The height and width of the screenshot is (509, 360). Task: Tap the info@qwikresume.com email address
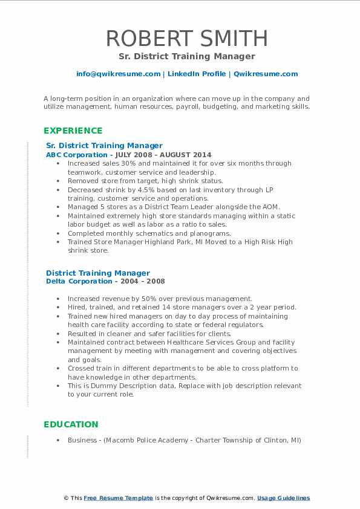coord(118,74)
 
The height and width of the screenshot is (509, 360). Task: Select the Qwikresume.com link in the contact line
coord(266,74)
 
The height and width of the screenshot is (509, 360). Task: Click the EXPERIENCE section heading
coord(73,131)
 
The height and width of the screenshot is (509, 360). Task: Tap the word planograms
coord(211,233)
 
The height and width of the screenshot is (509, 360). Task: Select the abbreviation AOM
coord(271,207)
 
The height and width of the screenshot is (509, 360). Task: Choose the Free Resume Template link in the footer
coord(119,498)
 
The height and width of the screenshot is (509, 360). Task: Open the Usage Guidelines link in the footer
coord(283,498)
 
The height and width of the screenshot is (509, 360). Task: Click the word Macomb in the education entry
coord(120,440)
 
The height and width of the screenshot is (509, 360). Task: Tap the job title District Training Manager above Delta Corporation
coord(98,273)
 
